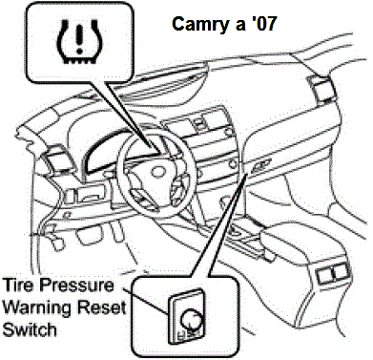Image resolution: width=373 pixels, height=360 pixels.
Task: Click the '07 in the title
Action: [261, 22]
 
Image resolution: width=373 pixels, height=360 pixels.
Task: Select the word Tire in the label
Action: [18, 286]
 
